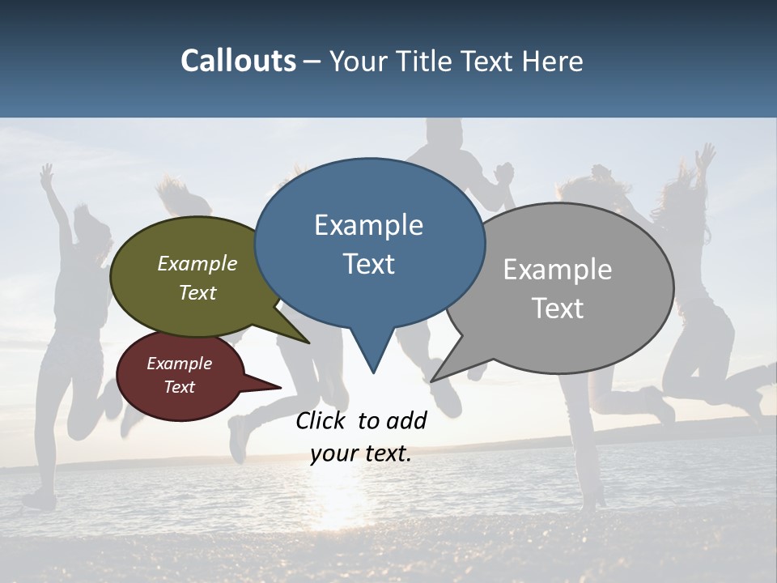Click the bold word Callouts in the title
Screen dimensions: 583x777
click(238, 61)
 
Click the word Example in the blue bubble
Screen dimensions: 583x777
click(368, 225)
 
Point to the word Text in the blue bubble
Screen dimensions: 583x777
click(368, 264)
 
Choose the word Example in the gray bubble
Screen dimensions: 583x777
click(558, 270)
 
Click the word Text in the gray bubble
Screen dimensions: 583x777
click(558, 309)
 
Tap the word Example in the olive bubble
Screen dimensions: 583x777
click(197, 264)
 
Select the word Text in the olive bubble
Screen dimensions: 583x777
click(197, 293)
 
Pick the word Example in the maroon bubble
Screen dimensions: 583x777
click(179, 364)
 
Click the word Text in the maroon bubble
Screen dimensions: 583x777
click(179, 387)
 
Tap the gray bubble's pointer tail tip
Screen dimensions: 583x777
click(433, 380)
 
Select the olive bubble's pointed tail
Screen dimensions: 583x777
click(306, 341)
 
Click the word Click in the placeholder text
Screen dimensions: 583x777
click(322, 421)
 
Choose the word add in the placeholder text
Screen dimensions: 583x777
click(405, 421)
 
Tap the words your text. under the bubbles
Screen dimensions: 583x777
click(361, 453)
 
